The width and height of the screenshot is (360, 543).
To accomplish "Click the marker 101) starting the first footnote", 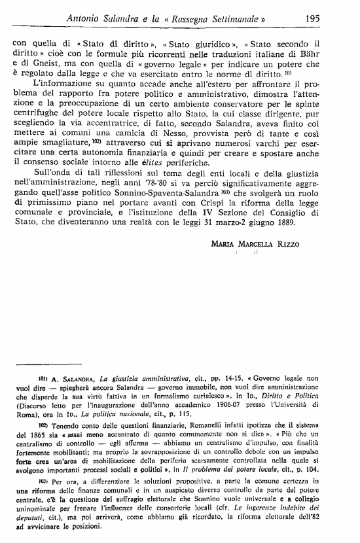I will pos(45,378).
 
